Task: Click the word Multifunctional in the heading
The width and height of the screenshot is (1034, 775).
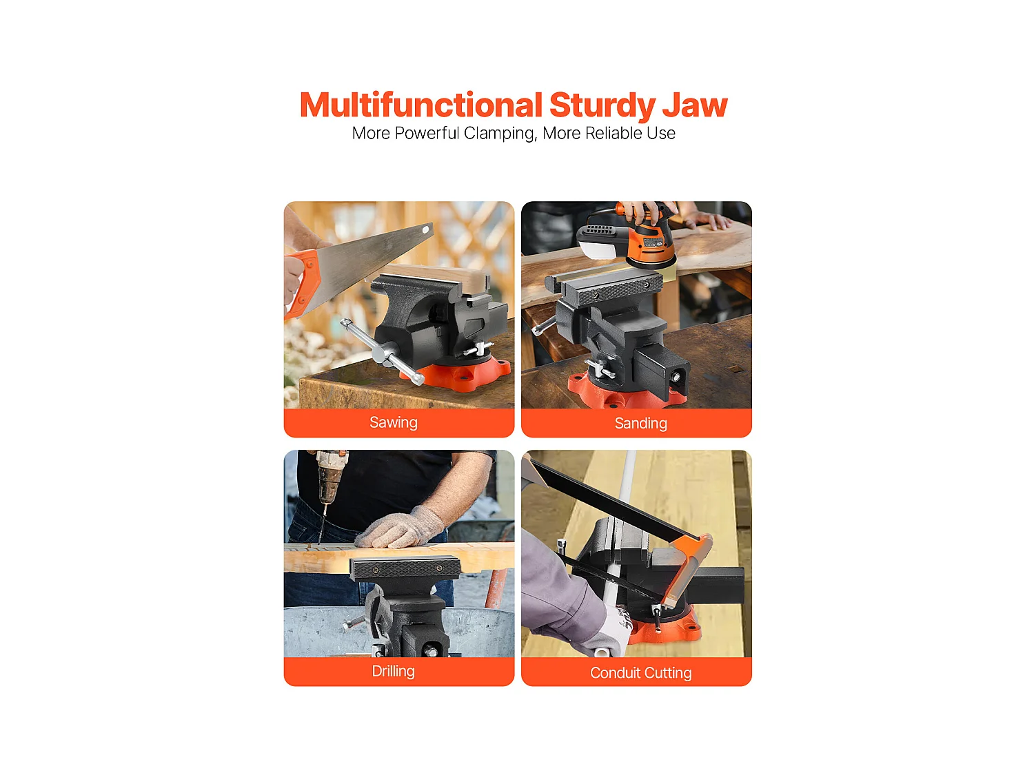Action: click(420, 105)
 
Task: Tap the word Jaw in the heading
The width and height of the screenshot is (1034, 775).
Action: click(695, 106)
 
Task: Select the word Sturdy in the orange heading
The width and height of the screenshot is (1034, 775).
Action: click(603, 106)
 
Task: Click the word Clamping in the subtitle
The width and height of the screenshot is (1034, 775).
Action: click(500, 134)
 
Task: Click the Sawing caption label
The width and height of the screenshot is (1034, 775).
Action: click(394, 422)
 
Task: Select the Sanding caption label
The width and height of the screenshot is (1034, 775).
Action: click(640, 424)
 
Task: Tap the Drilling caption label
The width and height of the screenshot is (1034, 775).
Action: click(394, 672)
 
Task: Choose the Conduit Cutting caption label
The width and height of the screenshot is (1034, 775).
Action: click(640, 673)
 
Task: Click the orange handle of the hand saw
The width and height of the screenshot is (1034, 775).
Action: click(301, 283)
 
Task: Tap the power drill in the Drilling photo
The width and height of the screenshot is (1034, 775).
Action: click(330, 485)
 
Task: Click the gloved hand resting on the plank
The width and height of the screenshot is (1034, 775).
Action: click(401, 528)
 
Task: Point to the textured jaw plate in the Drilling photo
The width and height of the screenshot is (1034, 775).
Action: click(405, 568)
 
